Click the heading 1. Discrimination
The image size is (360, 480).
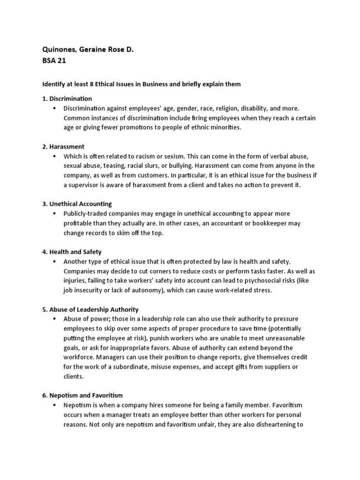pyautogui.click(x=67, y=98)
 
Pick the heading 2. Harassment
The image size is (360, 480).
pyautogui.click(x=63, y=147)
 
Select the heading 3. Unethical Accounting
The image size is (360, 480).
pyautogui.click(x=77, y=204)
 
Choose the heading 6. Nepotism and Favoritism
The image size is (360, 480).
pyautogui.click(x=82, y=396)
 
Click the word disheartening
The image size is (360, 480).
pyautogui.click(x=271, y=425)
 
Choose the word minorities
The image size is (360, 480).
pyautogui.click(x=223, y=127)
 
